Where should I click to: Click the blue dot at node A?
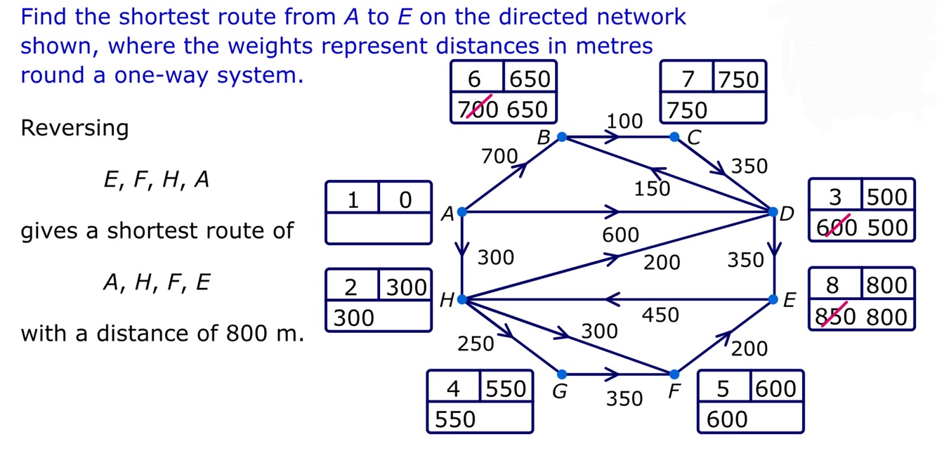coord(462,212)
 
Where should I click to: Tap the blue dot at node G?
coord(561,374)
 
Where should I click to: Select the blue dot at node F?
coord(674,374)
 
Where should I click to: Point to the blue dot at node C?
coord(674,136)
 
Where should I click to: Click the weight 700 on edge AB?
coord(499,156)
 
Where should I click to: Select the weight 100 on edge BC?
coord(624,121)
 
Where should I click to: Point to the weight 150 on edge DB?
coord(653,189)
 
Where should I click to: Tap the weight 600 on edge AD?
coord(620,235)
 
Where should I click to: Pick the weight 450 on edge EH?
coord(661,315)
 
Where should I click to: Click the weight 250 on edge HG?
coord(476,344)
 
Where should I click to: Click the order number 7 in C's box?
coord(688,79)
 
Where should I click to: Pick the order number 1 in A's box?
coord(353,200)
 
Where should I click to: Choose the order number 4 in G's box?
coord(454,388)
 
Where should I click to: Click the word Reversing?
coord(74,129)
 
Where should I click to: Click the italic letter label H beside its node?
coord(445,301)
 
